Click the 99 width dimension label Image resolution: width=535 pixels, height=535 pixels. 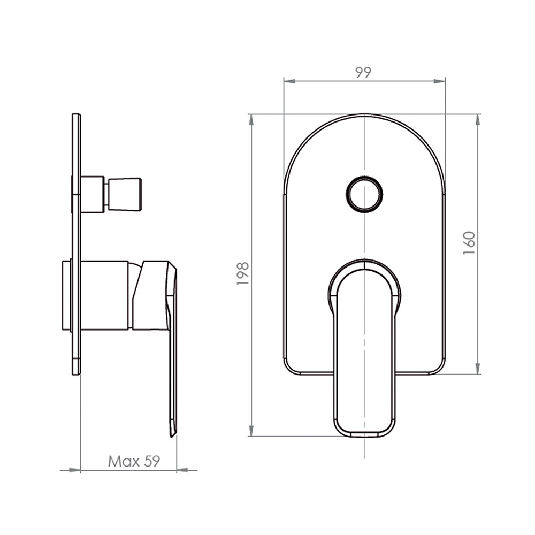(363, 72)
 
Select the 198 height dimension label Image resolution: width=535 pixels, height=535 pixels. (243, 273)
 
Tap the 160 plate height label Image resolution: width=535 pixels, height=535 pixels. (469, 242)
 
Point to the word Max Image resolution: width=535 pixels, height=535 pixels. (124, 461)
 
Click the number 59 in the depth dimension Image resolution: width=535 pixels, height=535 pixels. (152, 461)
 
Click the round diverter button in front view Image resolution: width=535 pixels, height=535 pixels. (364, 194)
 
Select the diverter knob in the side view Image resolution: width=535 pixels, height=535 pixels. (125, 195)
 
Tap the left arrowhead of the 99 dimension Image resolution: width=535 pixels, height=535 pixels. (289, 81)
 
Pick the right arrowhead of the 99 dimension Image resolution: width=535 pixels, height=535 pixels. (439, 81)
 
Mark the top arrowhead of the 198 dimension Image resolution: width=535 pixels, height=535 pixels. (252, 120)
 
